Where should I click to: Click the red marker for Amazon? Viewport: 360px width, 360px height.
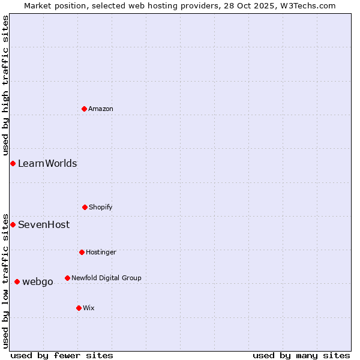pos(84,109)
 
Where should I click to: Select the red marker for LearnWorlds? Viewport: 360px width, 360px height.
pos(13,163)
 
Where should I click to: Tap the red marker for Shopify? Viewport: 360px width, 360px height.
pos(85,207)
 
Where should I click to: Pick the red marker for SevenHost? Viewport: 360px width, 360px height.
pos(13,224)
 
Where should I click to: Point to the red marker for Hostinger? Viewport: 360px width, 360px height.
pos(82,252)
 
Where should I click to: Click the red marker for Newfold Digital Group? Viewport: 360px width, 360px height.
pos(67,278)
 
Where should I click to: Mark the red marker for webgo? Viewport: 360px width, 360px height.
pos(17,281)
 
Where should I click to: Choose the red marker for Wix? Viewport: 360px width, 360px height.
pos(79,308)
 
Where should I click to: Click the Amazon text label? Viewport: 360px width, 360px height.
pos(101,109)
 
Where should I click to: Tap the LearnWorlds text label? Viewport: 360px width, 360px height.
pos(47,163)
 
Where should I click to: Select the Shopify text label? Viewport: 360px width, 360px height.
pos(101,207)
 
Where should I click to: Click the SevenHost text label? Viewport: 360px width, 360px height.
pos(44,225)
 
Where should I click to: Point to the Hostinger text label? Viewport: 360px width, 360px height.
pos(101,252)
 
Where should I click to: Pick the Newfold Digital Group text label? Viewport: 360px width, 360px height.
pos(106,278)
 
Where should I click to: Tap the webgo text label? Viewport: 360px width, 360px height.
pos(38,281)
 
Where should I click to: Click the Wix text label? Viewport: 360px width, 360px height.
pos(89,308)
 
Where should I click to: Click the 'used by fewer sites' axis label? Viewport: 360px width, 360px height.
pos(62,355)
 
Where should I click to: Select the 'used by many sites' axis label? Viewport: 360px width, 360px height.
pos(301,355)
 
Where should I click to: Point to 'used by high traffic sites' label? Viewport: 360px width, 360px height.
pos(5,85)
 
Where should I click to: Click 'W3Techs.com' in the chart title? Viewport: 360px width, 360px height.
pos(310,5)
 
